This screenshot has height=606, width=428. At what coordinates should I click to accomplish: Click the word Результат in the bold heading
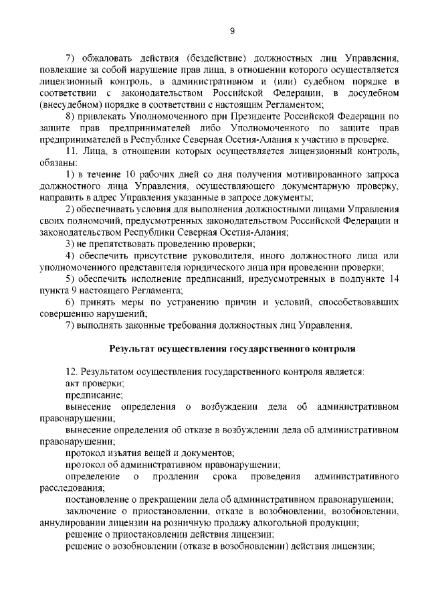(x=132, y=349)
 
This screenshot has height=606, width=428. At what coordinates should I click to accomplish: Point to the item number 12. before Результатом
(x=72, y=372)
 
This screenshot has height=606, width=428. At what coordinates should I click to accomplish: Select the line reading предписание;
(x=90, y=395)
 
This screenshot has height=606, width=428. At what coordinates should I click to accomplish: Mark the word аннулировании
(x=74, y=522)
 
